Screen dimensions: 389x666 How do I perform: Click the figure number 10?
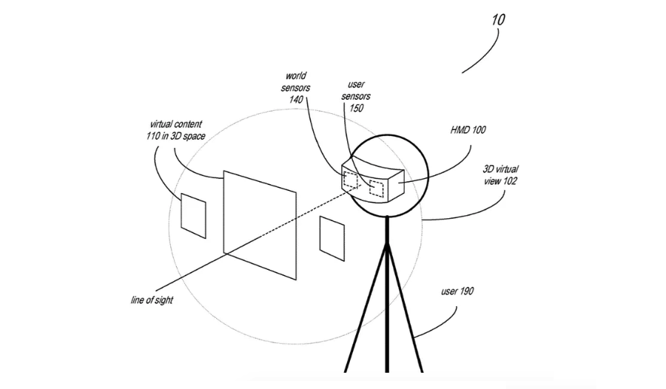(x=497, y=19)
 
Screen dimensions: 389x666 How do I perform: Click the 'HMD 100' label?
(x=468, y=130)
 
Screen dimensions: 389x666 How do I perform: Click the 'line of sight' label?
(x=152, y=300)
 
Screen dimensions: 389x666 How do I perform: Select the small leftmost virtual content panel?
(x=194, y=214)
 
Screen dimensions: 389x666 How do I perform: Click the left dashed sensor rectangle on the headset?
(x=349, y=180)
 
